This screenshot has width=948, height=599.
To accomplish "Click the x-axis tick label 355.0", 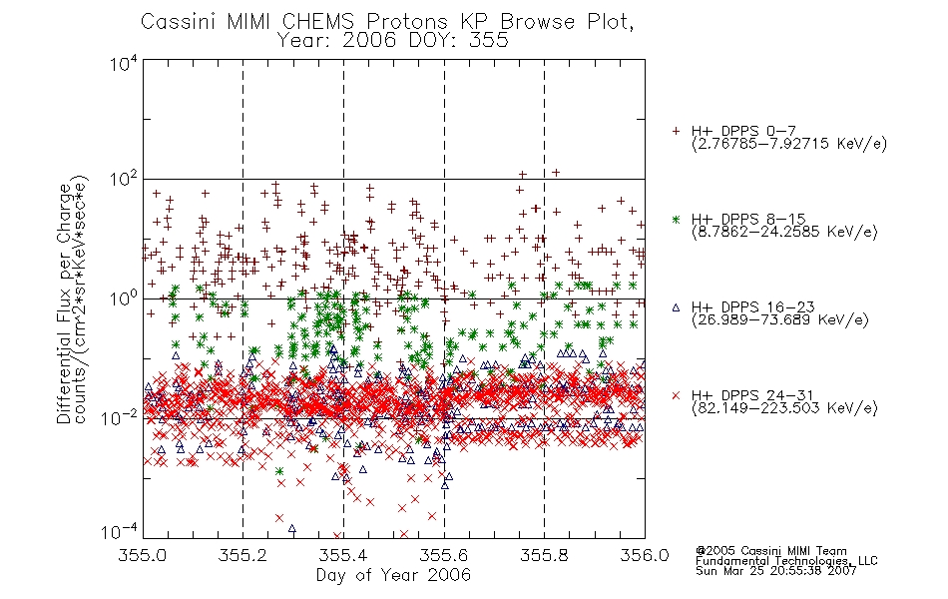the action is [x=143, y=555].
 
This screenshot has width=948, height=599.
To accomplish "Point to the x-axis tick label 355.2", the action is [x=243, y=555].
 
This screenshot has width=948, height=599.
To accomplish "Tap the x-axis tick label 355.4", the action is [x=343, y=555].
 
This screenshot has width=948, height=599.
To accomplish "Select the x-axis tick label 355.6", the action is [x=444, y=555].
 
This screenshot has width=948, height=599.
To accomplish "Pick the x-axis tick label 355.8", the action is [x=544, y=555].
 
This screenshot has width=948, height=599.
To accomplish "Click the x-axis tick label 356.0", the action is [x=645, y=555].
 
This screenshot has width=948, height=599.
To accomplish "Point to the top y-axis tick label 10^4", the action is [x=124, y=64].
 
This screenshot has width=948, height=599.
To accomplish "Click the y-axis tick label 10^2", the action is [x=124, y=179].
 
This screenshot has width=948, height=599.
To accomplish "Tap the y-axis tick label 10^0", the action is [x=124, y=299].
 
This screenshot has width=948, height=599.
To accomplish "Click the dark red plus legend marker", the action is [x=676, y=131].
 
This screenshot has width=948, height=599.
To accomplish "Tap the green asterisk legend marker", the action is [x=676, y=219].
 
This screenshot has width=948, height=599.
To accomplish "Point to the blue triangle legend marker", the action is [x=676, y=307].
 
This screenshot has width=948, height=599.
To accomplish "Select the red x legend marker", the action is [x=676, y=395].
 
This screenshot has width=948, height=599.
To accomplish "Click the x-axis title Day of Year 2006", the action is [x=393, y=575].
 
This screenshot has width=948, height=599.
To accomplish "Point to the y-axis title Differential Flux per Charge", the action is [x=64, y=303].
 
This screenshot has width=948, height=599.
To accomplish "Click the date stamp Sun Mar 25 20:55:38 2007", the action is [x=776, y=571].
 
